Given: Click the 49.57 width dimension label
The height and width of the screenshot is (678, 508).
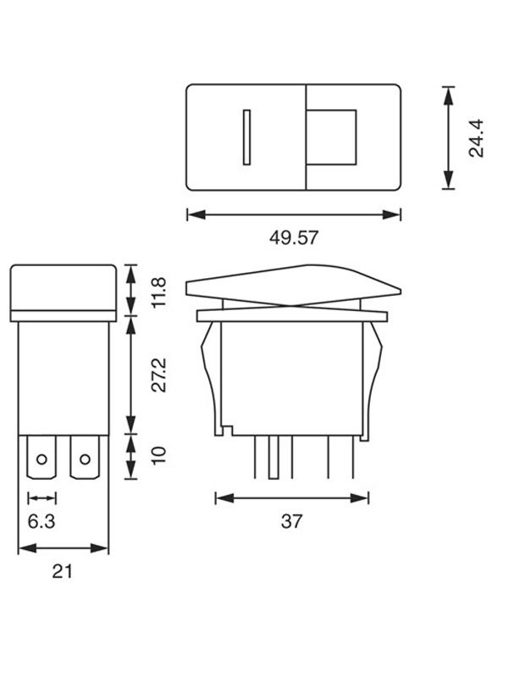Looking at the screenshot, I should (294, 238).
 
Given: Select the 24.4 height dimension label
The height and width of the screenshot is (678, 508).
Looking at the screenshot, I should (476, 137).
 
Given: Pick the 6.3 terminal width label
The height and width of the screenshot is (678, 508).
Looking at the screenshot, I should (41, 521).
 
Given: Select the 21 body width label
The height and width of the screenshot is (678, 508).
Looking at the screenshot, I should (61, 572).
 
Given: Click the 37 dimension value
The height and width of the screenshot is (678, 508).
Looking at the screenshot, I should (291, 521).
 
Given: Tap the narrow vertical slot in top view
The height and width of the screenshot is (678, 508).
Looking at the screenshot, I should (246, 136).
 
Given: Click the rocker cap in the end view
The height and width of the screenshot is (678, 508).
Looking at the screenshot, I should (63, 288).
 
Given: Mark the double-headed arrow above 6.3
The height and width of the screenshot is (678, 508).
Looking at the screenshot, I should (41, 497).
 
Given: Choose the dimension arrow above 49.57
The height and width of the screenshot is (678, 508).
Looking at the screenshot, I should (293, 214).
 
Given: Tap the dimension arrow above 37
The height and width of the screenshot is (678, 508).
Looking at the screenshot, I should (292, 497).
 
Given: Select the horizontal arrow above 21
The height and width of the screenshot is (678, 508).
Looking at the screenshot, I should (63, 548).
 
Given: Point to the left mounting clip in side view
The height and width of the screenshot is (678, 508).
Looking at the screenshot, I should (211, 364).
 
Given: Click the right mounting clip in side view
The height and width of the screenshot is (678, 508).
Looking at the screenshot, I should (373, 364).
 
